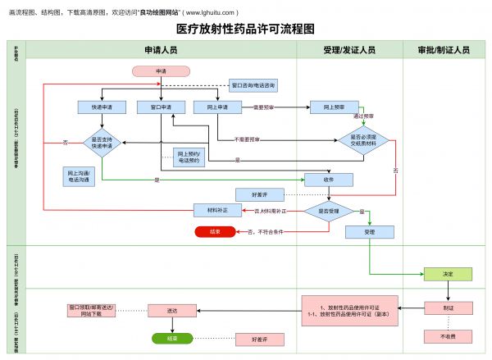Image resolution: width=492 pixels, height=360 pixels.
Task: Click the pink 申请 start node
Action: pos(161,71)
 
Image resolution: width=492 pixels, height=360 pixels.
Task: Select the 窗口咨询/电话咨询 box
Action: pos(253,85)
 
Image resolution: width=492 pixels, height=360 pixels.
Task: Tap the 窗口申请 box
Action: pos(161,107)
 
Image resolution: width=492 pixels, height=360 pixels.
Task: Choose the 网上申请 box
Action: pos(217,107)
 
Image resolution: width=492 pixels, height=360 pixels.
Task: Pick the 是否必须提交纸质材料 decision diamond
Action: pos(363,142)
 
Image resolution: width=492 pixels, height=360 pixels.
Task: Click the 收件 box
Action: pos(329,180)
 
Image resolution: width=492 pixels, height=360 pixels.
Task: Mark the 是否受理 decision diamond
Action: pos(329,211)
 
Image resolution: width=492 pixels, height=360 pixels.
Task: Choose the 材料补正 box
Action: pos(217,211)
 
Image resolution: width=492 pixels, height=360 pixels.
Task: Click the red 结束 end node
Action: pos(215,232)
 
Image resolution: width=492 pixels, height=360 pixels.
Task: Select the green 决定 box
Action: pos(448,274)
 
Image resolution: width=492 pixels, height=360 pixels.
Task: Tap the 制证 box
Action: pos(448,309)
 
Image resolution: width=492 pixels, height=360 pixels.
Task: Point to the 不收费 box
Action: pos(448,336)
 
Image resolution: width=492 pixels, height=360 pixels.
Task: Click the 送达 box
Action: pos(171,310)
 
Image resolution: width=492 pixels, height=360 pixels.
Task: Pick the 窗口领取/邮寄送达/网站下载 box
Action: pos(92,310)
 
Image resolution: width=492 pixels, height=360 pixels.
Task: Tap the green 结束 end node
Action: pos(171,338)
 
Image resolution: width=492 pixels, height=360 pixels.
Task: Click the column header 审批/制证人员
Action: pos(448,50)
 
